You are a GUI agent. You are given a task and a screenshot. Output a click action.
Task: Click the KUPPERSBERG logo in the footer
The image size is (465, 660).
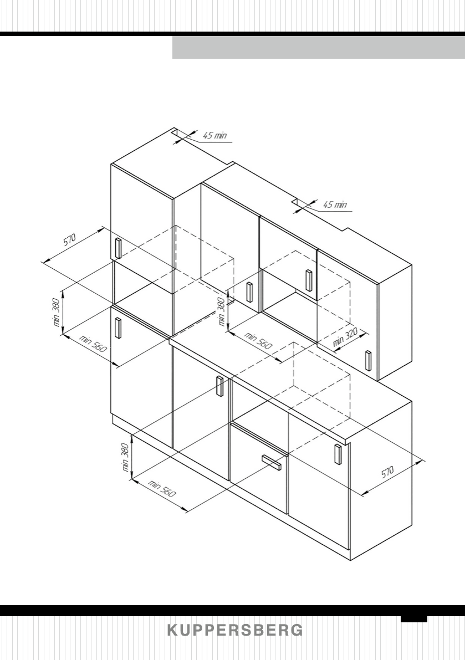point(235,631)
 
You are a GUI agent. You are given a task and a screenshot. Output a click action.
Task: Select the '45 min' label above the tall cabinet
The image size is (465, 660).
point(214,135)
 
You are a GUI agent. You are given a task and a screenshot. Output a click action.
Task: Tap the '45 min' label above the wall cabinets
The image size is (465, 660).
point(335,204)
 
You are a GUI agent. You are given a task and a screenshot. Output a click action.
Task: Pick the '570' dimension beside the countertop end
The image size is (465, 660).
point(388,472)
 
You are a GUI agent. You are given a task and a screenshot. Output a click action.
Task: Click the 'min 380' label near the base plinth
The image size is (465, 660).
point(126,457)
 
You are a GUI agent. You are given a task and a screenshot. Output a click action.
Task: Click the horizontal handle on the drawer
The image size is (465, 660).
point(272,461)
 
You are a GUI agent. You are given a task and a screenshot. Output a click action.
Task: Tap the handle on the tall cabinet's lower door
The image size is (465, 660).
point(118,327)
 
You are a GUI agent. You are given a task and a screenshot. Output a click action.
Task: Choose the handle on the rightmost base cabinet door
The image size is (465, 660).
point(337,454)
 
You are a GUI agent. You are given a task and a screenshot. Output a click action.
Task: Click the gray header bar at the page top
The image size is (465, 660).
point(318,48)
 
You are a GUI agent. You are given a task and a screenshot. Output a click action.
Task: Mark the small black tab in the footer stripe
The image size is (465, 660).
point(414,618)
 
